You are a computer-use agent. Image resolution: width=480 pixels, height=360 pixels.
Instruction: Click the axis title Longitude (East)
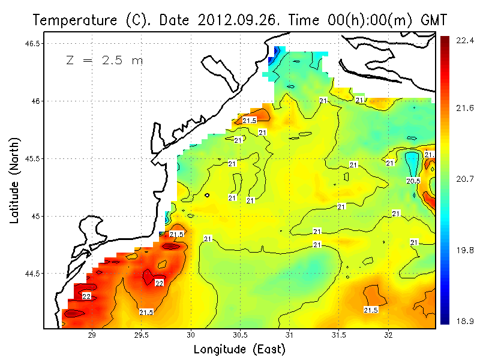pos(239,349)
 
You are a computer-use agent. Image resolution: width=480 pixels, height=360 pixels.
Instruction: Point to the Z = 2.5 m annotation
pos(104,61)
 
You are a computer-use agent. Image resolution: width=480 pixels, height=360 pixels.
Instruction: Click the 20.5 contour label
pos(413,181)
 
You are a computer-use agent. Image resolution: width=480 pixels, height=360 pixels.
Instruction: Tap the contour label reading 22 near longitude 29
pos(86,296)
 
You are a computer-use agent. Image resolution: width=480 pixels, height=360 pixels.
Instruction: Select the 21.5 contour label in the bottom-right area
pos(371,310)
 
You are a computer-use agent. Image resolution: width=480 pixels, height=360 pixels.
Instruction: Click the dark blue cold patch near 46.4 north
pos(272,59)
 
